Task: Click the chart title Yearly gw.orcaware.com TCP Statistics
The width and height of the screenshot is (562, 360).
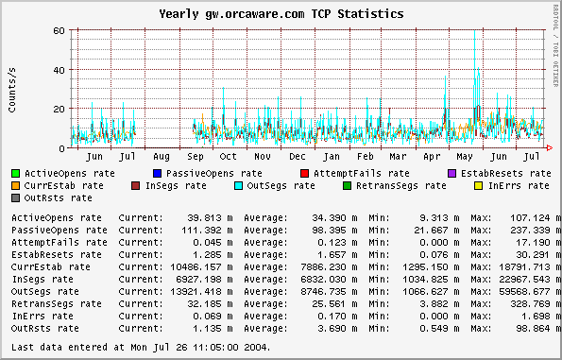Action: pos(281,14)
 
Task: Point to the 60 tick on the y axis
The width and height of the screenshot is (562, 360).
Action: pos(59,31)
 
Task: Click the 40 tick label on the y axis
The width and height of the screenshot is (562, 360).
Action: pos(59,70)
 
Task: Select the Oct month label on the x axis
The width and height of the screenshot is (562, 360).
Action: pos(229,156)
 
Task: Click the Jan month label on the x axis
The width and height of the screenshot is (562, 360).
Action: pos(332,156)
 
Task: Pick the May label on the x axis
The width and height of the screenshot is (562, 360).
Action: pos(466,156)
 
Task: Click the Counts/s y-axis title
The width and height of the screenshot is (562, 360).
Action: pos(12,90)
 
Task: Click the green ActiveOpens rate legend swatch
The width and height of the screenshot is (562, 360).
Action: pos(15,174)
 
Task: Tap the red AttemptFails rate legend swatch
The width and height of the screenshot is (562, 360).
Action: pos(304,174)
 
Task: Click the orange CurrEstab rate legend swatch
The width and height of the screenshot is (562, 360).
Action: pos(15,186)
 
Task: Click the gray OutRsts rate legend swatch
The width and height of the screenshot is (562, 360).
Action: pos(15,198)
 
